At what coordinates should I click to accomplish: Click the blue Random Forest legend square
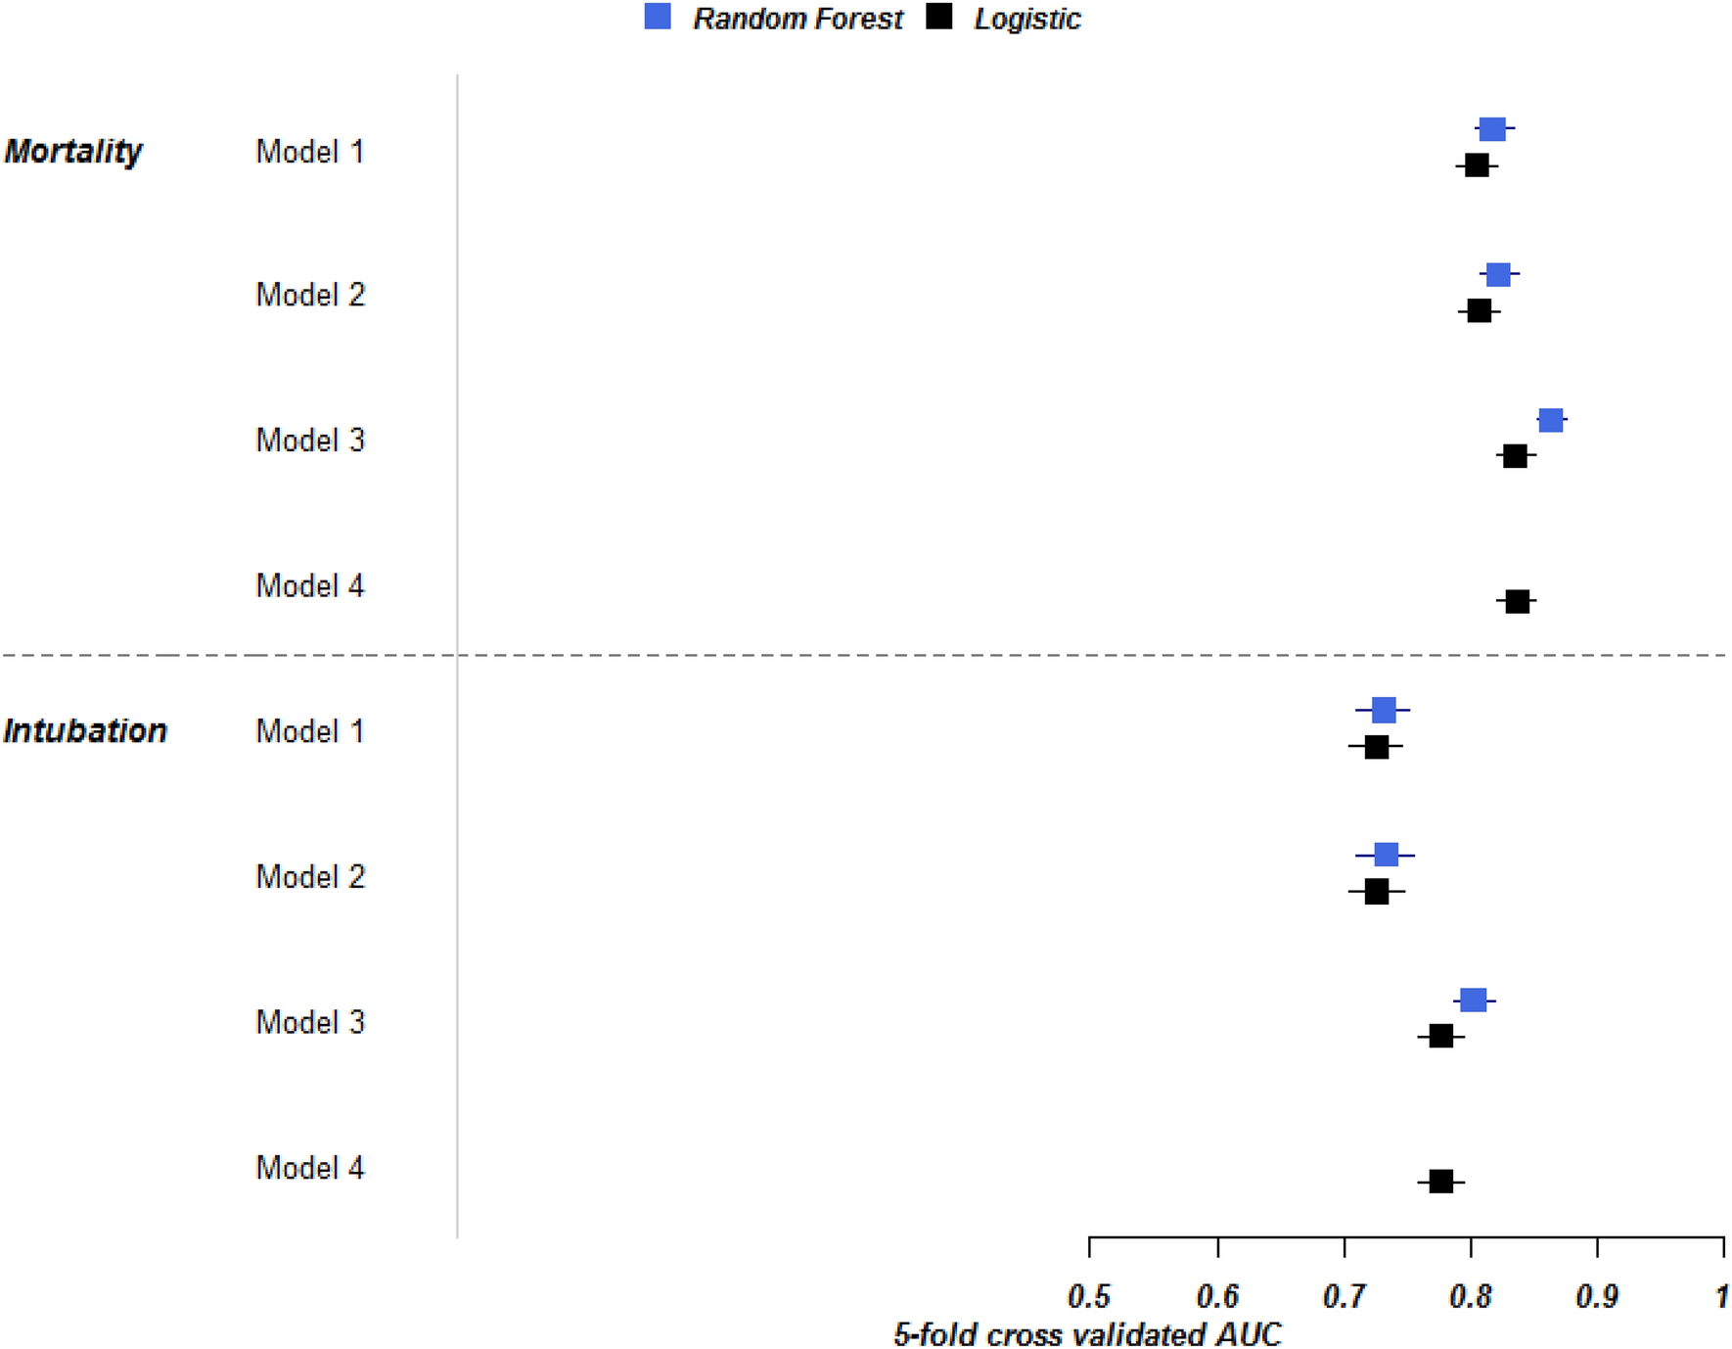(x=658, y=17)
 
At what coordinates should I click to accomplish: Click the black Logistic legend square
(x=939, y=17)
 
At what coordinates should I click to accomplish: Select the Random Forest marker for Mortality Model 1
(x=1491, y=129)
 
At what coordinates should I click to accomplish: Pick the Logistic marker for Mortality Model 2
(x=1480, y=311)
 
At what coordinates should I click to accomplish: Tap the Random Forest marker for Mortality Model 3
(x=1550, y=421)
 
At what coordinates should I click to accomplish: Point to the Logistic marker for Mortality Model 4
(x=1517, y=601)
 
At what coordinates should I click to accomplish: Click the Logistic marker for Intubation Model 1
(x=1376, y=747)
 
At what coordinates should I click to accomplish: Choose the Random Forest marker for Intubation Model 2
(x=1386, y=856)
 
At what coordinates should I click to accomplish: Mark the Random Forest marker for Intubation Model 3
(x=1473, y=1000)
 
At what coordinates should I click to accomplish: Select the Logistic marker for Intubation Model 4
(x=1440, y=1182)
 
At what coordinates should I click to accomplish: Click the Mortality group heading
(x=73, y=152)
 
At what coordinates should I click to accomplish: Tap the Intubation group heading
(x=85, y=731)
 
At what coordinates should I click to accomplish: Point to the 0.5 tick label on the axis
(x=1089, y=1297)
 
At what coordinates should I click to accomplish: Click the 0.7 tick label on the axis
(x=1344, y=1297)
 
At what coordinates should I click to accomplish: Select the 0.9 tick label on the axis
(x=1597, y=1297)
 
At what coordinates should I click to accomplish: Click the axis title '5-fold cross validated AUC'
(x=1087, y=1334)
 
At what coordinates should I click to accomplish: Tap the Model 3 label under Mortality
(x=310, y=441)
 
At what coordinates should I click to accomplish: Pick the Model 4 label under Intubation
(x=310, y=1168)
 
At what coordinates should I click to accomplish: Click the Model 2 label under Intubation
(x=310, y=877)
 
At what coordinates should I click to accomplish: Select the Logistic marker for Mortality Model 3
(x=1515, y=456)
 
